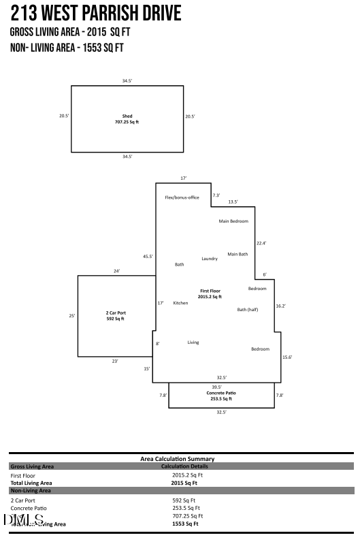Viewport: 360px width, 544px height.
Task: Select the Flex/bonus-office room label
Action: tap(182, 197)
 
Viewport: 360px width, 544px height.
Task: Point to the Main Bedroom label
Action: tap(233, 221)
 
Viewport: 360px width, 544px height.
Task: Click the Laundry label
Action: tap(210, 259)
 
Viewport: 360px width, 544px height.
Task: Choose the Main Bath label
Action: tap(238, 254)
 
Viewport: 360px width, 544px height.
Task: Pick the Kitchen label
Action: tap(180, 303)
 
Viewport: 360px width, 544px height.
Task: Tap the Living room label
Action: tap(193, 342)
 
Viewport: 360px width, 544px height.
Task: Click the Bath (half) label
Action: tap(246, 310)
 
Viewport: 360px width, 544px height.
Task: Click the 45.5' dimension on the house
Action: tap(148, 257)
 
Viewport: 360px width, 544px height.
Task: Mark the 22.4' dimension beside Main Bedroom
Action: tap(261, 243)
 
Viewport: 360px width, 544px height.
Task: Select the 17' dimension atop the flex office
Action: tap(183, 178)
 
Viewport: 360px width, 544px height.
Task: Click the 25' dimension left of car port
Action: tap(72, 316)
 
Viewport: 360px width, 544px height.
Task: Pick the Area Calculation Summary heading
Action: tap(177, 459)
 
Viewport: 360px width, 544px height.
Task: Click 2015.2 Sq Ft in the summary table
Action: tap(187, 475)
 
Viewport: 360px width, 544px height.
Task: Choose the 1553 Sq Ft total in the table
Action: tap(185, 524)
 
